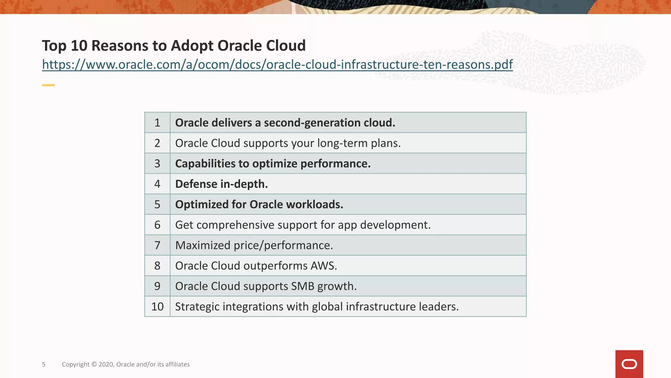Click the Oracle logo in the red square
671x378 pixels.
(x=629, y=364)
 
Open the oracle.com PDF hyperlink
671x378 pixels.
(x=277, y=65)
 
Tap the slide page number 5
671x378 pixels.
(x=44, y=365)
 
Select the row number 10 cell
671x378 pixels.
(x=157, y=307)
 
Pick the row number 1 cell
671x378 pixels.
(x=157, y=123)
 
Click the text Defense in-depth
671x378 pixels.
(x=221, y=184)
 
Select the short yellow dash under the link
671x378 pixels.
(x=48, y=85)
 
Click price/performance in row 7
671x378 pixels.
(x=283, y=245)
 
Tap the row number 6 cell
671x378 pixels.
(x=157, y=225)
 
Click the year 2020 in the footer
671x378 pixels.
(x=106, y=365)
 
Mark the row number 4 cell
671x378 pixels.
(x=157, y=184)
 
